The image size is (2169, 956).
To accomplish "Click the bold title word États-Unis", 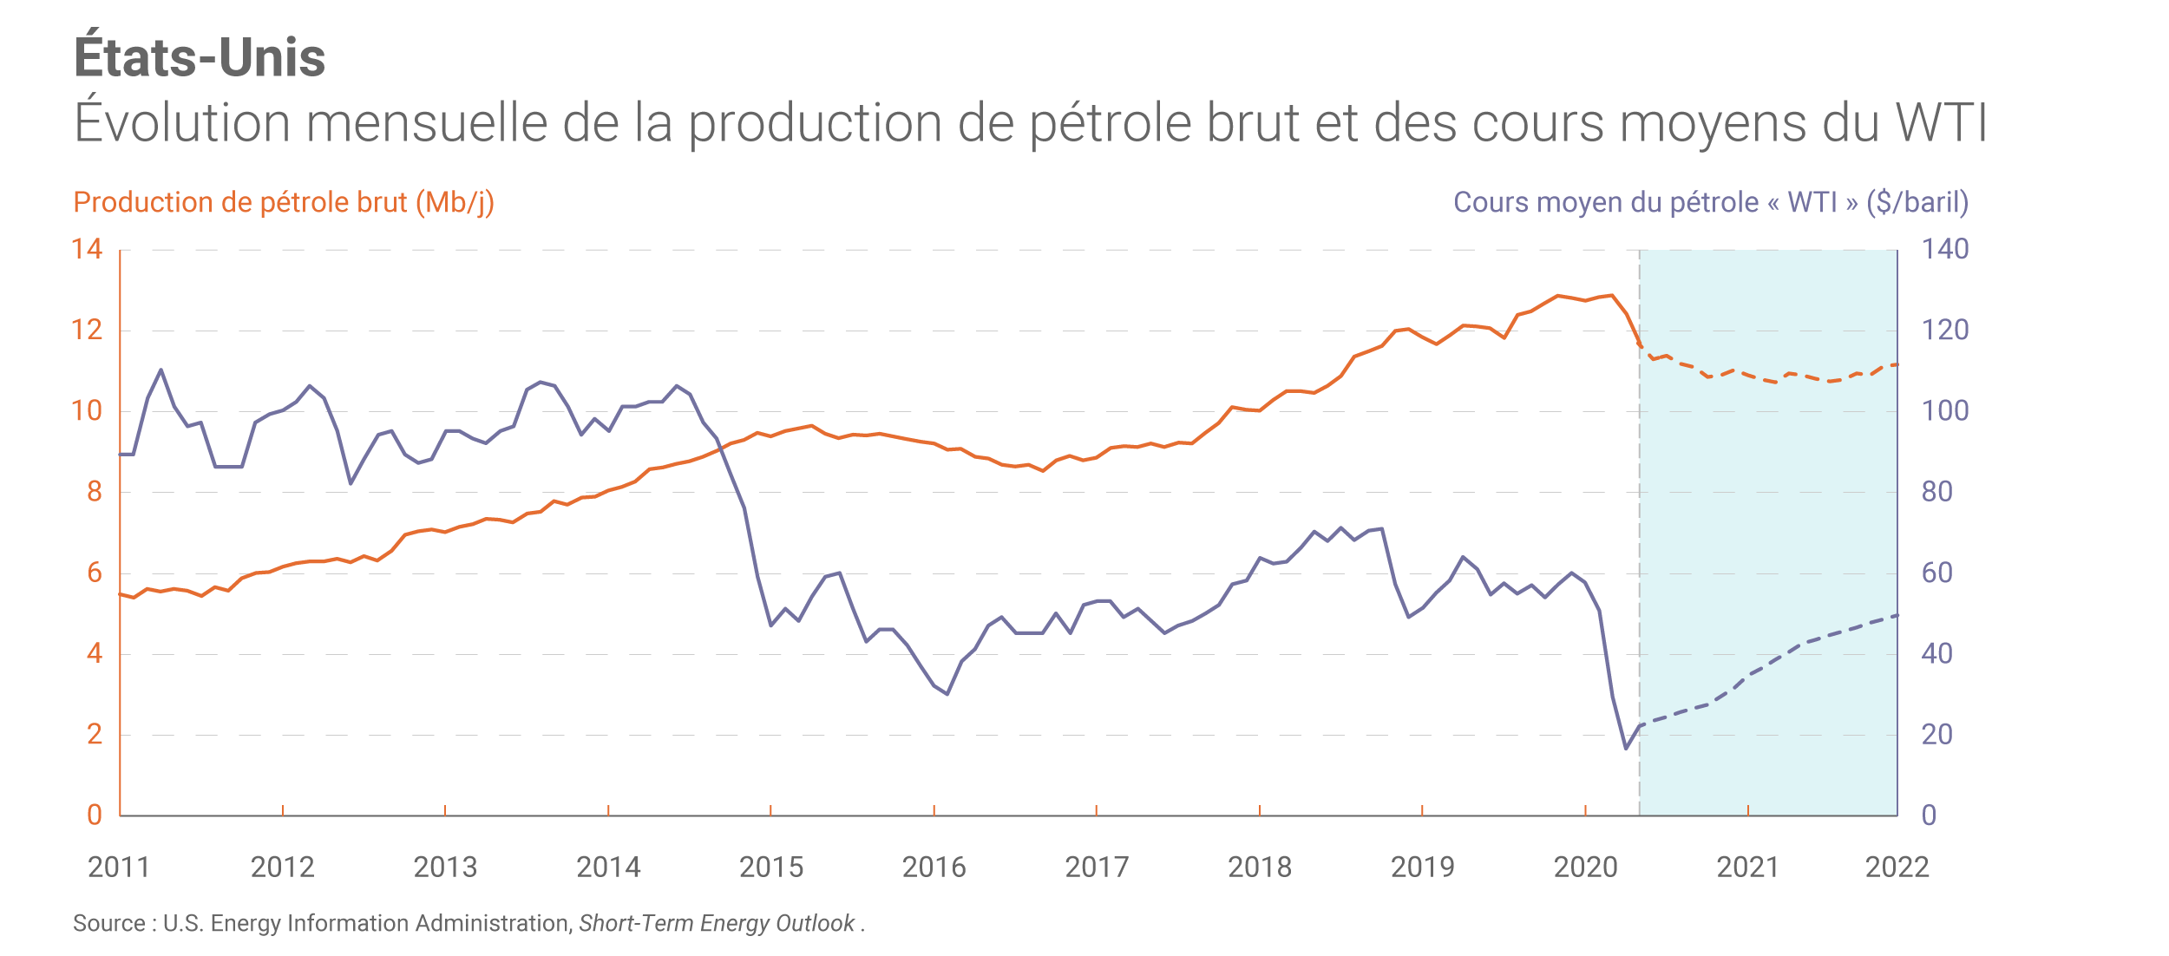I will [200, 57].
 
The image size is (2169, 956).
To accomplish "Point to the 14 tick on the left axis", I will [87, 250].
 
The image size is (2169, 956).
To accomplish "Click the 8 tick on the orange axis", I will [94, 492].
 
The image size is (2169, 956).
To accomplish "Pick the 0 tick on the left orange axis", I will [94, 815].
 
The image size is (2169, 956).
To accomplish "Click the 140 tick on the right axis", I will [1944, 250].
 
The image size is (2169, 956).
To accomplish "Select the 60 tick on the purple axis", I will [1936, 573].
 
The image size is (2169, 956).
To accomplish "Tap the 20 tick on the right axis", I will [1936, 735].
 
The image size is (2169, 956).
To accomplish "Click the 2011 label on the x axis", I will [119, 867].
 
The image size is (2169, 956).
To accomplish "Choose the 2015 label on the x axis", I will [770, 867].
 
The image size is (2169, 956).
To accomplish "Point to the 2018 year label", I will [1259, 867].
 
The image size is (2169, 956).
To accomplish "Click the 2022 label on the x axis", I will [1897, 867].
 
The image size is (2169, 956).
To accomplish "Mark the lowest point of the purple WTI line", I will [1626, 748].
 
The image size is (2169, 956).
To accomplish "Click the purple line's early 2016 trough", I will [947, 694].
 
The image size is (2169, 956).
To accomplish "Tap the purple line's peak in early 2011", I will [161, 370].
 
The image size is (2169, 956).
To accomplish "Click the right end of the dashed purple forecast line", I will [1897, 615].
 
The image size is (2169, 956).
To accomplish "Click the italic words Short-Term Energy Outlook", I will [717, 923].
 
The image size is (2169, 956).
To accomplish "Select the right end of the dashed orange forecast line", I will [1897, 364].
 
